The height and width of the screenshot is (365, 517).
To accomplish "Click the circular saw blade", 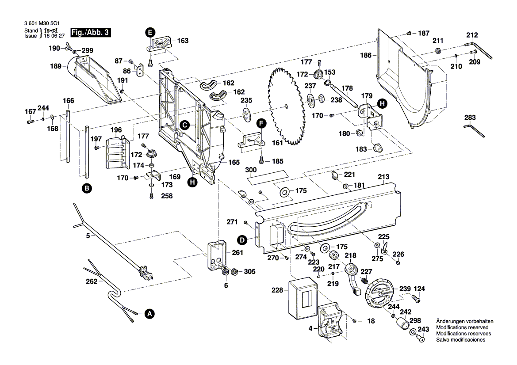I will click(286, 105).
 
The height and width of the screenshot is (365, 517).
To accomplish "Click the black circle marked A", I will click(150, 314).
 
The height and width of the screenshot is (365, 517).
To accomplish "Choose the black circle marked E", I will click(150, 32).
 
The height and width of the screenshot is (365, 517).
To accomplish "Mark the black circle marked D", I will click(242, 240).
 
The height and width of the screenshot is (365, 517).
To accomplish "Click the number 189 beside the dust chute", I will click(55, 66).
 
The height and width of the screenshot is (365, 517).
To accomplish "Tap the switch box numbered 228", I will click(299, 299).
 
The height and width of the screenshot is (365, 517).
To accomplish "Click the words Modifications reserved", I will click(463, 327).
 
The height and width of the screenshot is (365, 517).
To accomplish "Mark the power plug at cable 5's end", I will click(146, 273).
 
